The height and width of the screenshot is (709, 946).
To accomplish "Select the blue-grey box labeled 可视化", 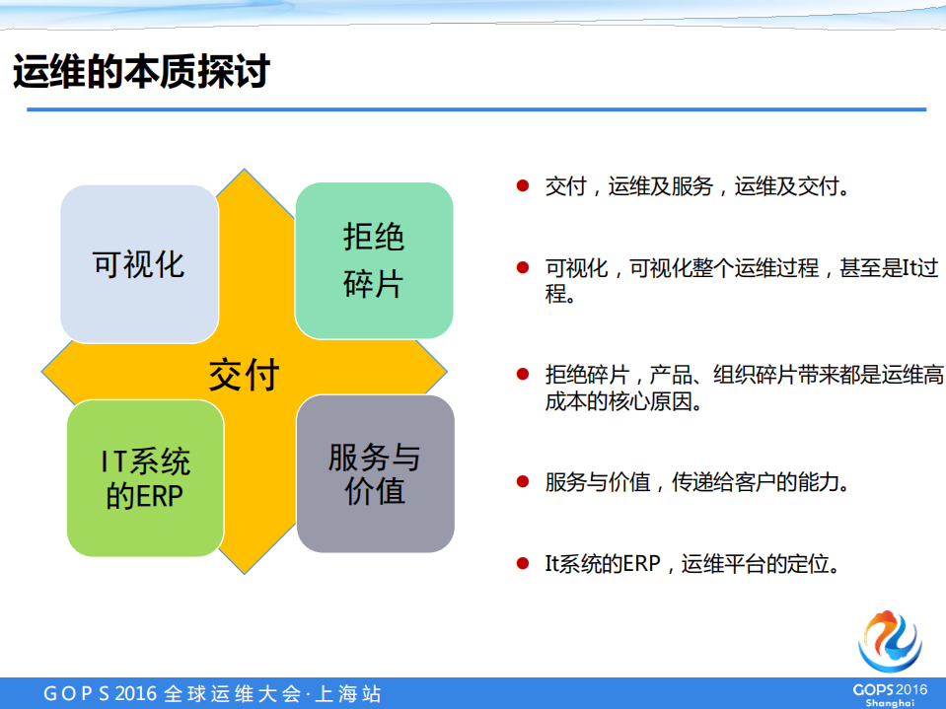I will pyautogui.click(x=139, y=263).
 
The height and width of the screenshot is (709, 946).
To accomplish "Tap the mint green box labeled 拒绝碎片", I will pyautogui.click(x=374, y=260).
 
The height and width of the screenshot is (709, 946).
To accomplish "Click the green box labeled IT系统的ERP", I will pyautogui.click(x=145, y=478).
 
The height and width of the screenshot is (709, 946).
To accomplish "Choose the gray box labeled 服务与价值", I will pyautogui.click(x=375, y=473).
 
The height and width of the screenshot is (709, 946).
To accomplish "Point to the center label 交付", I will pyautogui.click(x=245, y=376).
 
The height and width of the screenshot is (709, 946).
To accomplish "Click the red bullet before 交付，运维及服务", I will pyautogui.click(x=523, y=186).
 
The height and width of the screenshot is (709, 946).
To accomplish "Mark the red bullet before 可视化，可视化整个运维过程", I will pyautogui.click(x=523, y=267).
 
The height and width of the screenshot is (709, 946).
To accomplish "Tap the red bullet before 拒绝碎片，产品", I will pyautogui.click(x=523, y=375).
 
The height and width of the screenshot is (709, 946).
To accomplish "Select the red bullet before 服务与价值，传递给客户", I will pyautogui.click(x=523, y=482).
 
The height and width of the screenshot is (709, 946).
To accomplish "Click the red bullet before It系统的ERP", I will pyautogui.click(x=523, y=564).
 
